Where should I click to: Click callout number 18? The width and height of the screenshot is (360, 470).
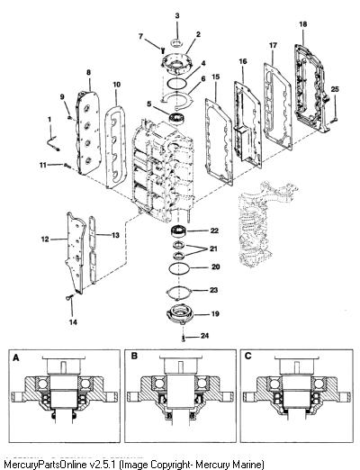(x=303, y=24)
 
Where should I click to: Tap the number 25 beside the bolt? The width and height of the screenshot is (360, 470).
(x=335, y=89)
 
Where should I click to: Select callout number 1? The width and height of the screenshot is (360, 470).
(x=49, y=120)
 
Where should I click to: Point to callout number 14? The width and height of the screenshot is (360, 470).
(x=73, y=322)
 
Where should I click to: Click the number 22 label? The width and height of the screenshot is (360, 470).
(x=214, y=230)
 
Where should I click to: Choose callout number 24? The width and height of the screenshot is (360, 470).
(x=204, y=336)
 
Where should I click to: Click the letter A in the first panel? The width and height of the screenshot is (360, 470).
(x=16, y=357)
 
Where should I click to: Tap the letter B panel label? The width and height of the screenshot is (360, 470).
(x=134, y=356)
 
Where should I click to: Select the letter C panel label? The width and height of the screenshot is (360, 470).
(x=248, y=356)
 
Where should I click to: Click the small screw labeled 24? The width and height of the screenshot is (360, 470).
(x=184, y=339)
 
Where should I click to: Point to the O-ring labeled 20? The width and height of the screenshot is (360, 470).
(x=179, y=268)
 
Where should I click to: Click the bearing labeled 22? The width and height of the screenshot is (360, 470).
(x=178, y=231)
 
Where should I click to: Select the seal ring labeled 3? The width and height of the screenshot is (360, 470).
(x=177, y=42)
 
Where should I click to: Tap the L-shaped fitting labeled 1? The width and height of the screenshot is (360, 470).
(x=53, y=142)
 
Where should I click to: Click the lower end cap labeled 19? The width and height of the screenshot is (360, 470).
(x=180, y=314)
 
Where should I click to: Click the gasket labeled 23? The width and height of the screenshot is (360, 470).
(x=179, y=293)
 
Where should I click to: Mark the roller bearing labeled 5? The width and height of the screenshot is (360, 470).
(x=178, y=118)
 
